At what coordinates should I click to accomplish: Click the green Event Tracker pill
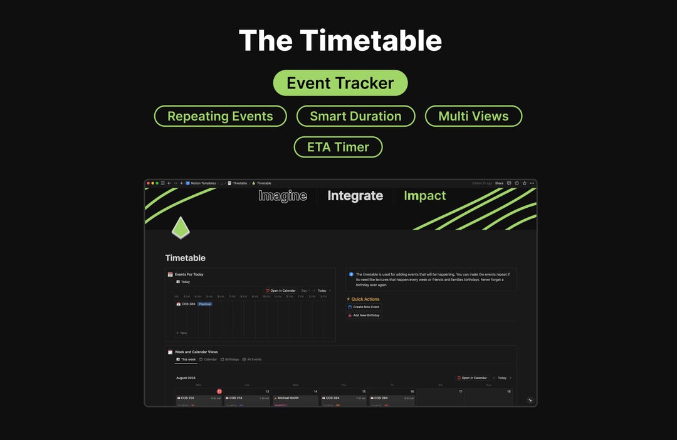point(340,83)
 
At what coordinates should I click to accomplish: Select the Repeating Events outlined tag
point(220,116)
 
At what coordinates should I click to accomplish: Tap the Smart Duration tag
point(355,116)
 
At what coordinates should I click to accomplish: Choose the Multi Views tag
point(473,116)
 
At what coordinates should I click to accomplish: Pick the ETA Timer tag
point(338,147)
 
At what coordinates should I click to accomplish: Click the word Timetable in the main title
point(370,41)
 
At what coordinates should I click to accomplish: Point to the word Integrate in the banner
point(355,196)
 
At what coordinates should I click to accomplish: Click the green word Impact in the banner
point(424,196)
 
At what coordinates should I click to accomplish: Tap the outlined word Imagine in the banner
point(283,196)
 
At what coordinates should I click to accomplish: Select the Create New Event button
point(365,307)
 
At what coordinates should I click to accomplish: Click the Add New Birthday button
point(365,315)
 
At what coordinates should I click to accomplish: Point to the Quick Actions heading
point(365,299)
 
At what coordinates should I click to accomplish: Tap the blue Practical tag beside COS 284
point(205,304)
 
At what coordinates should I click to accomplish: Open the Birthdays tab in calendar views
point(231,360)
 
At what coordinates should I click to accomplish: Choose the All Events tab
point(254,360)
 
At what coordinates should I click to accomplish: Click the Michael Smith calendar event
point(288,398)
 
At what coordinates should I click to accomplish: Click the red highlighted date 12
point(219,391)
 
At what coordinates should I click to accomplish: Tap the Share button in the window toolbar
point(499,183)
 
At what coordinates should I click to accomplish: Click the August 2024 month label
point(186,378)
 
